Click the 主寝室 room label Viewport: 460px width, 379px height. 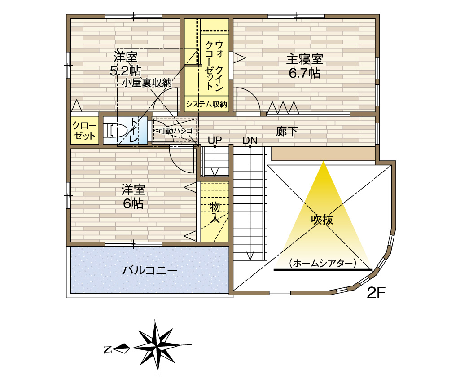[x=304, y=59]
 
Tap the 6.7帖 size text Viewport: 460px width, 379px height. [x=304, y=73]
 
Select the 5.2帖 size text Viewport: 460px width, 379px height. [x=125, y=71]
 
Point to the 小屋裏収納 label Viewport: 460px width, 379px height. [x=147, y=83]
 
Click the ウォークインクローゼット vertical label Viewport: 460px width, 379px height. [x=214, y=65]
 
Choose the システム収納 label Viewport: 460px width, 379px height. [x=206, y=104]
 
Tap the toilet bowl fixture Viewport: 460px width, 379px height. [x=115, y=130]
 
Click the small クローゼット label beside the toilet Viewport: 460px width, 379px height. [x=84, y=131]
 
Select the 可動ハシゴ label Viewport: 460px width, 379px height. [x=175, y=131]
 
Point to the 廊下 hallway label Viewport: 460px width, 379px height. [x=287, y=131]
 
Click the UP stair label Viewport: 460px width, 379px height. [x=215, y=140]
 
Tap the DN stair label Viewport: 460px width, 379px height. [x=250, y=140]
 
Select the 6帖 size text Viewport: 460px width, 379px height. [x=133, y=203]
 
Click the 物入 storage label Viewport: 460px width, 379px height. [x=215, y=212]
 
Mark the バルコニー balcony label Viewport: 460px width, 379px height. [x=149, y=270]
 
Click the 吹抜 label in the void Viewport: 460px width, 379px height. [x=322, y=219]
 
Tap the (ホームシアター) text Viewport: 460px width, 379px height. [x=322, y=263]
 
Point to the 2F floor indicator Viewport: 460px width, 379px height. [x=376, y=292]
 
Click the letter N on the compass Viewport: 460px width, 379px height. [x=108, y=349]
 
